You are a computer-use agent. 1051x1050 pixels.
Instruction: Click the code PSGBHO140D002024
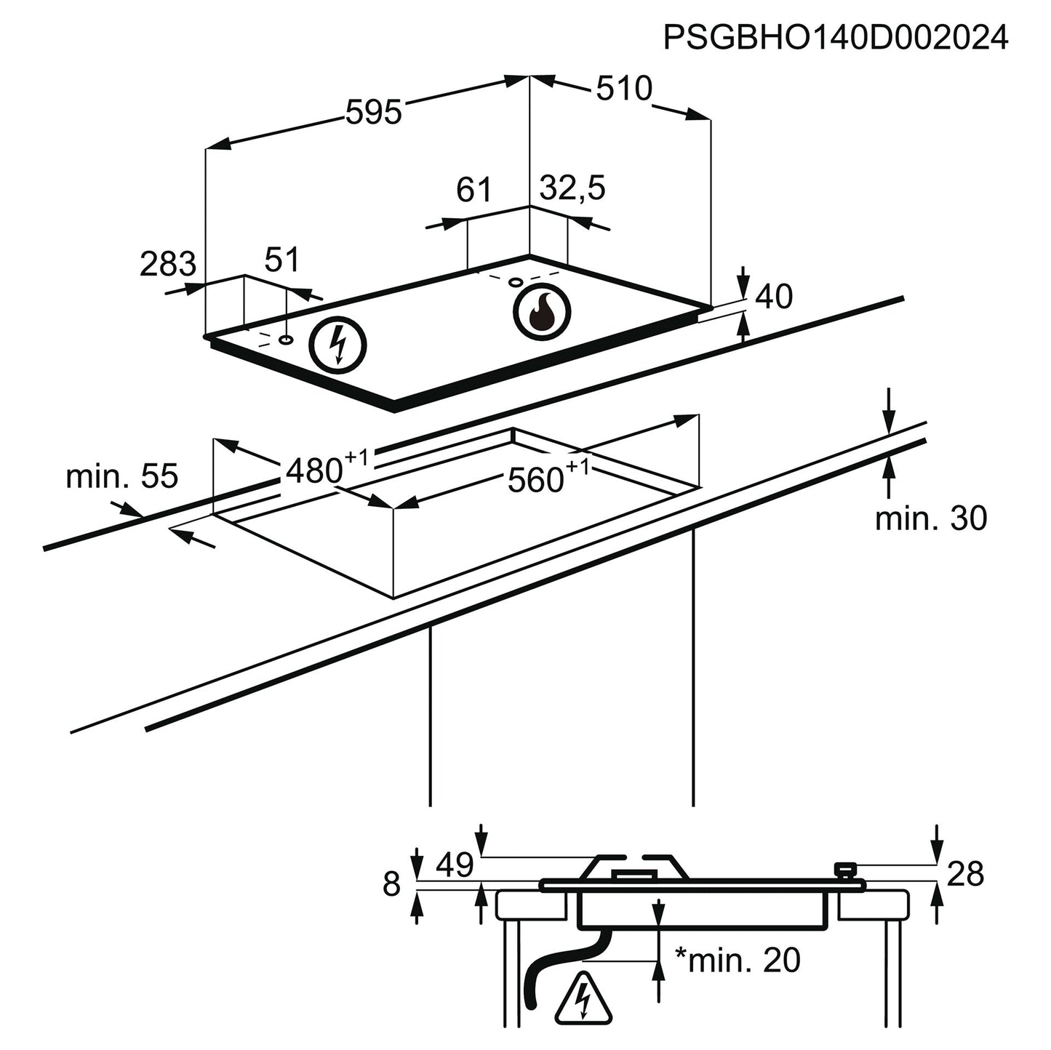[836, 38]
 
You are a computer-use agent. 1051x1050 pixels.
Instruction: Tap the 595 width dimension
[373, 113]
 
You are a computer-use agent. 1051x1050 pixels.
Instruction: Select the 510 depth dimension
[624, 89]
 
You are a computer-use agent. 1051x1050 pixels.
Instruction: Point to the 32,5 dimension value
[572, 188]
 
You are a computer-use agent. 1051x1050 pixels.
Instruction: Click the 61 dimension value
[474, 190]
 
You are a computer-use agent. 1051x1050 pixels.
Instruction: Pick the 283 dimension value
[168, 264]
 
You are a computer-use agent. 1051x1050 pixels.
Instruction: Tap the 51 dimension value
[281, 260]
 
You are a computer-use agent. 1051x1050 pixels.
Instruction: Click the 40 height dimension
[774, 297]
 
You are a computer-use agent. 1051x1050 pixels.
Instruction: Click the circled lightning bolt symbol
[338, 345]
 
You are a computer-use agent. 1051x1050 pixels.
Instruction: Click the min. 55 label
[121, 477]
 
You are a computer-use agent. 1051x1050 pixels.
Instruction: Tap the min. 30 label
[931, 518]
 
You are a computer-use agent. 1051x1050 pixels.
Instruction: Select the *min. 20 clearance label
[738, 960]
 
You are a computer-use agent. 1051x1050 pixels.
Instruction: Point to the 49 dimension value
[455, 865]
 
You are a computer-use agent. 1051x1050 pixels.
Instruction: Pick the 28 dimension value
[966, 873]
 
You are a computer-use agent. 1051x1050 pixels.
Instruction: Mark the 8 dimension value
[392, 885]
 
